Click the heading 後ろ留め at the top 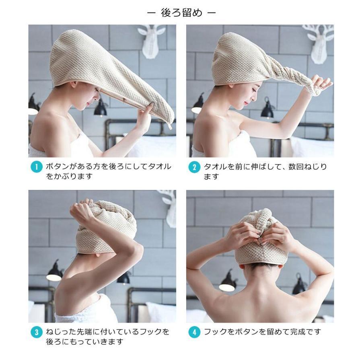[x=181, y=13]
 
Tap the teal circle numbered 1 [x=37, y=167]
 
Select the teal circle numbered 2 [x=194, y=167]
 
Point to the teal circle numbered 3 [x=37, y=332]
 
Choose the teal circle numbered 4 [x=194, y=332]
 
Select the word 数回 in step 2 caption [x=296, y=167]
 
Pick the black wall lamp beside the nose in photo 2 [x=268, y=108]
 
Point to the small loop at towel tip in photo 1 [x=170, y=126]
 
